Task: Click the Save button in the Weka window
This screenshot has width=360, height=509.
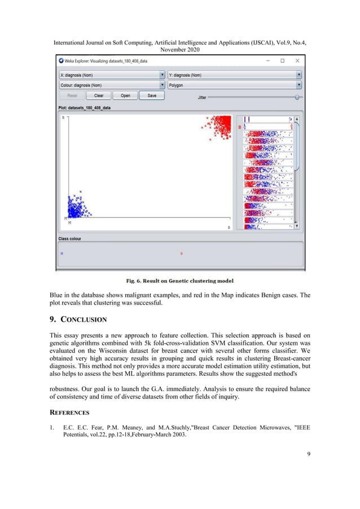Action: [x=152, y=96]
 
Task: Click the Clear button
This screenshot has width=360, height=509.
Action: [x=98, y=96]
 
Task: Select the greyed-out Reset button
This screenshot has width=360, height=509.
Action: [x=72, y=96]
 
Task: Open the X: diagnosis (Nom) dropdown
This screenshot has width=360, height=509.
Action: [x=112, y=74]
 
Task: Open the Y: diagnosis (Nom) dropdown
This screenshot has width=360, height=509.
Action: [x=234, y=74]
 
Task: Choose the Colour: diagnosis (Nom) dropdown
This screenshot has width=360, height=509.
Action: [x=112, y=85]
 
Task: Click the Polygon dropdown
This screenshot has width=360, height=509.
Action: [x=234, y=85]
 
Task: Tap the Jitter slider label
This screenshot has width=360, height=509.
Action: [x=202, y=98]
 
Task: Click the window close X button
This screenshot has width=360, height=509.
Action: [x=297, y=60]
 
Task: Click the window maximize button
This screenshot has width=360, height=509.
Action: [x=282, y=60]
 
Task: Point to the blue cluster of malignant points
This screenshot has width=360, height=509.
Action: [x=77, y=206]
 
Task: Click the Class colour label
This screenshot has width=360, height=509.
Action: [x=70, y=239]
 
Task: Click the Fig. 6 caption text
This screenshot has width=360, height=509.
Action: [x=179, y=280]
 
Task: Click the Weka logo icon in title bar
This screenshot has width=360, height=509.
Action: [x=62, y=61]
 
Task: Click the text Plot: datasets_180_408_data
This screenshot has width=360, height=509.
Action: [x=84, y=107]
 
